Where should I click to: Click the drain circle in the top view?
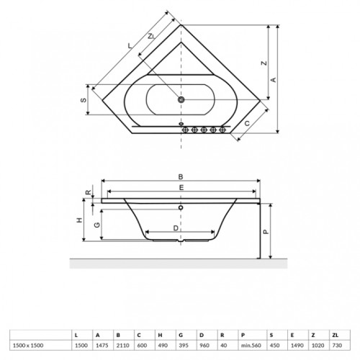point(181,99)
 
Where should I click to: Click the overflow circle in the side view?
point(181,207)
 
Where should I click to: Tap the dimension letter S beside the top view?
point(84,99)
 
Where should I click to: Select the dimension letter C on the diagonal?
point(247,123)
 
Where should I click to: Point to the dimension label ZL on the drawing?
point(151,37)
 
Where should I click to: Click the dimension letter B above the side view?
point(181,177)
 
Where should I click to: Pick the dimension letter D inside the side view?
point(176,228)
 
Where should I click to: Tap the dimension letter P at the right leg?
point(266,231)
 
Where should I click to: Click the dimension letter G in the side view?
point(97,225)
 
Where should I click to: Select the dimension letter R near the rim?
point(89,192)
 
